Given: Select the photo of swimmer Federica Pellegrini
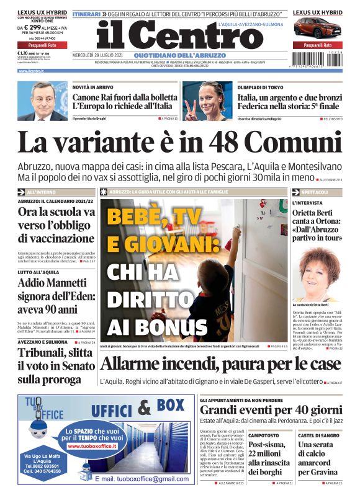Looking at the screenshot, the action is coord(207,100).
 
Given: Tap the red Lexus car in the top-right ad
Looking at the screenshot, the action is coord(317,28).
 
